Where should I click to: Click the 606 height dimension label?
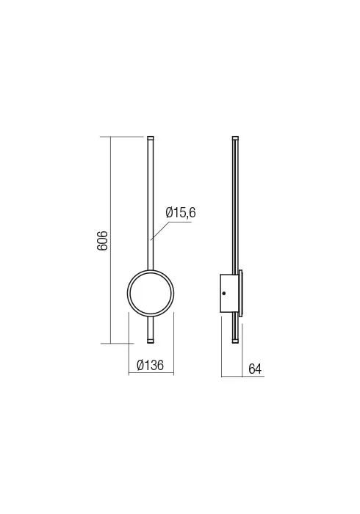(x=104, y=240)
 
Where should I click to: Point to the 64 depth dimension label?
(x=255, y=369)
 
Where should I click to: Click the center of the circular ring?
(x=151, y=294)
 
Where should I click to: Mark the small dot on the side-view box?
(x=224, y=294)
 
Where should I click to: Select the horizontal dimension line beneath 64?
(x=242, y=377)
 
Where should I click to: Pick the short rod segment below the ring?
(x=151, y=327)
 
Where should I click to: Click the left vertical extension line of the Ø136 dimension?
(x=129, y=345)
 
